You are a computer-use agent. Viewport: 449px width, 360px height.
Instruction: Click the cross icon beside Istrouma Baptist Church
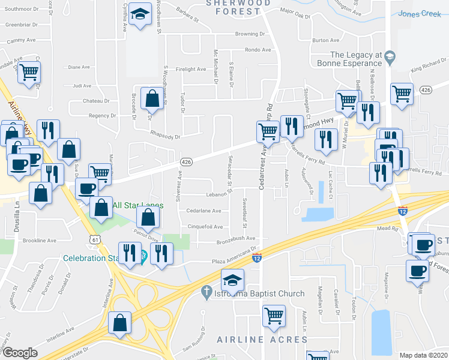click(x=205, y=292)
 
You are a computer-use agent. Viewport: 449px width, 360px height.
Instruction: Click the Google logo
click(x=20, y=353)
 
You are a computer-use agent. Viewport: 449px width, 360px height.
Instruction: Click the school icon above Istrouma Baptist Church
click(x=232, y=279)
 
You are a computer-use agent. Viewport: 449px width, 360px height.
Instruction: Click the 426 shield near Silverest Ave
click(x=186, y=162)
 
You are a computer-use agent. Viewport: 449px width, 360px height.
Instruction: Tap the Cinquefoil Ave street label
click(x=205, y=227)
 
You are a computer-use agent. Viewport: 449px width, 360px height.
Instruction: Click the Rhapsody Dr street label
click(x=165, y=137)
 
